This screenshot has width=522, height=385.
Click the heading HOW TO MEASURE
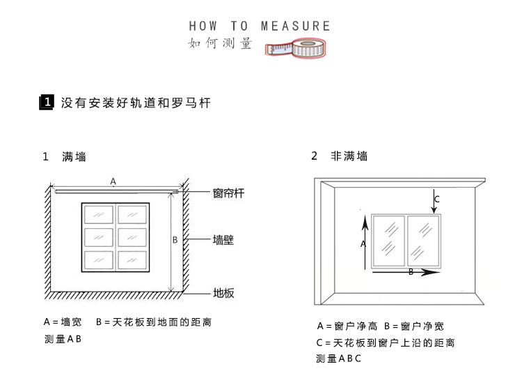(x=260, y=27)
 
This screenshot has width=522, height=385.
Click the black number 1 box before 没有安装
(x=47, y=103)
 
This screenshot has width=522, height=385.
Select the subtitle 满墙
(x=74, y=157)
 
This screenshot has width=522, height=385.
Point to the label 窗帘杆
(x=228, y=194)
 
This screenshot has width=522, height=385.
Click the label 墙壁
(x=223, y=241)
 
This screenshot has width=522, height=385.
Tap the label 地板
(x=223, y=293)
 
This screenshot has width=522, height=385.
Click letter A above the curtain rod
(x=113, y=181)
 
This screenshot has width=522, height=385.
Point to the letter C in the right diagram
(x=436, y=199)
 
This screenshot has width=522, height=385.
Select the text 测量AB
(x=63, y=340)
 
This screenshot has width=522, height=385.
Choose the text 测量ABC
(x=339, y=359)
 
